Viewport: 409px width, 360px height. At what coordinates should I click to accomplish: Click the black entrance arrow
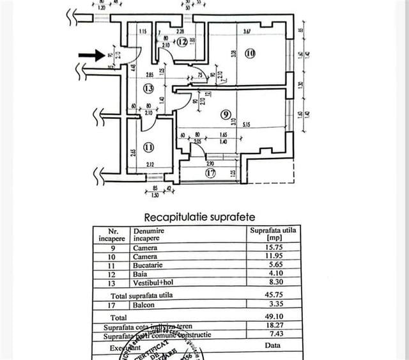(x=91, y=56)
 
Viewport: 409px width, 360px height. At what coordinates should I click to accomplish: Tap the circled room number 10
(x=250, y=54)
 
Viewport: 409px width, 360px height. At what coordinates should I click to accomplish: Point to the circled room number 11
(x=149, y=147)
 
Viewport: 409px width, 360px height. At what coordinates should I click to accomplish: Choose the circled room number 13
(x=149, y=88)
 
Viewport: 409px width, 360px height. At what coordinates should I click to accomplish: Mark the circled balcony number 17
(x=210, y=171)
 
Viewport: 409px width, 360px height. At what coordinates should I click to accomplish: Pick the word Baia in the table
(x=140, y=272)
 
